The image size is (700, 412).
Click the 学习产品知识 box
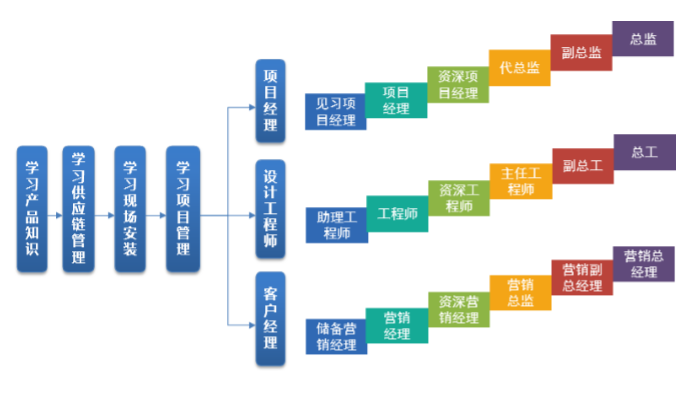(x=32, y=208)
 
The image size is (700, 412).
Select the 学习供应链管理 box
(x=79, y=208)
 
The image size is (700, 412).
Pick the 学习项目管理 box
(x=182, y=208)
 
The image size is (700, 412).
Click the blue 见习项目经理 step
(x=335, y=111)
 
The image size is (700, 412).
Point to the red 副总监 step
(x=581, y=53)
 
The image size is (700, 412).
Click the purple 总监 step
(x=643, y=40)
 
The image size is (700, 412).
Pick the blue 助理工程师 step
(x=335, y=225)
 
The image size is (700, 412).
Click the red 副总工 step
(x=581, y=165)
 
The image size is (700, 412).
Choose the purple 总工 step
(x=643, y=153)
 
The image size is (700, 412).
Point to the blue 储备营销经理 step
(x=335, y=337)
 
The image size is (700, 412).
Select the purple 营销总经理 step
(x=643, y=263)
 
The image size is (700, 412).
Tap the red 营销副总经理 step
(x=581, y=277)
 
